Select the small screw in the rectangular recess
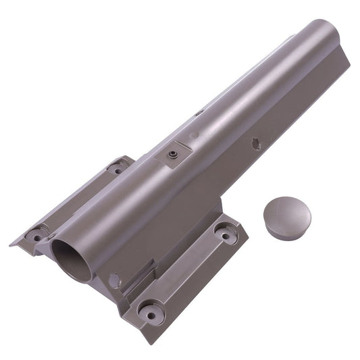(x=172, y=155)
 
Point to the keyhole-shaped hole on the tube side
(x=255, y=142)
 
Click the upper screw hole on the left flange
(x=118, y=168)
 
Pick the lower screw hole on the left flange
(x=34, y=236)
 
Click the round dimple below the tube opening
(x=113, y=278)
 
